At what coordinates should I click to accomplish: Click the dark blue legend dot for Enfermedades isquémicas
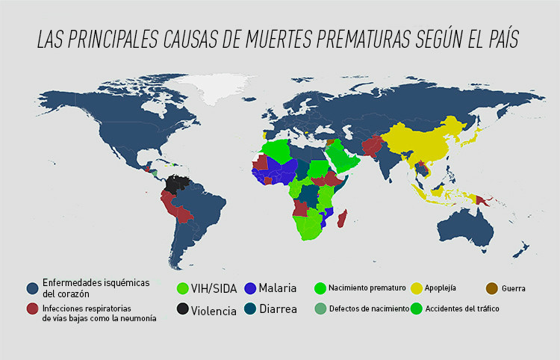click(32, 288)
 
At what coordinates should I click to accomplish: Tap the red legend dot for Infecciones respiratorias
click(32, 308)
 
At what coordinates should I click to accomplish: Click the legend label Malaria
click(277, 288)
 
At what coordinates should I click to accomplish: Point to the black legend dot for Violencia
click(181, 309)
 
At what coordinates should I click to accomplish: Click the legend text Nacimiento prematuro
click(367, 288)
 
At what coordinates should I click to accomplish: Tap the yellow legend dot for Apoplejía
click(417, 288)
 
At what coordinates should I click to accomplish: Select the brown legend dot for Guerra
click(492, 288)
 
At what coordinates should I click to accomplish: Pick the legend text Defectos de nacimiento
click(369, 308)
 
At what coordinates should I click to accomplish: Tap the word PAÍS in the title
click(499, 40)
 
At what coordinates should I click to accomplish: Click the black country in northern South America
click(178, 184)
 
